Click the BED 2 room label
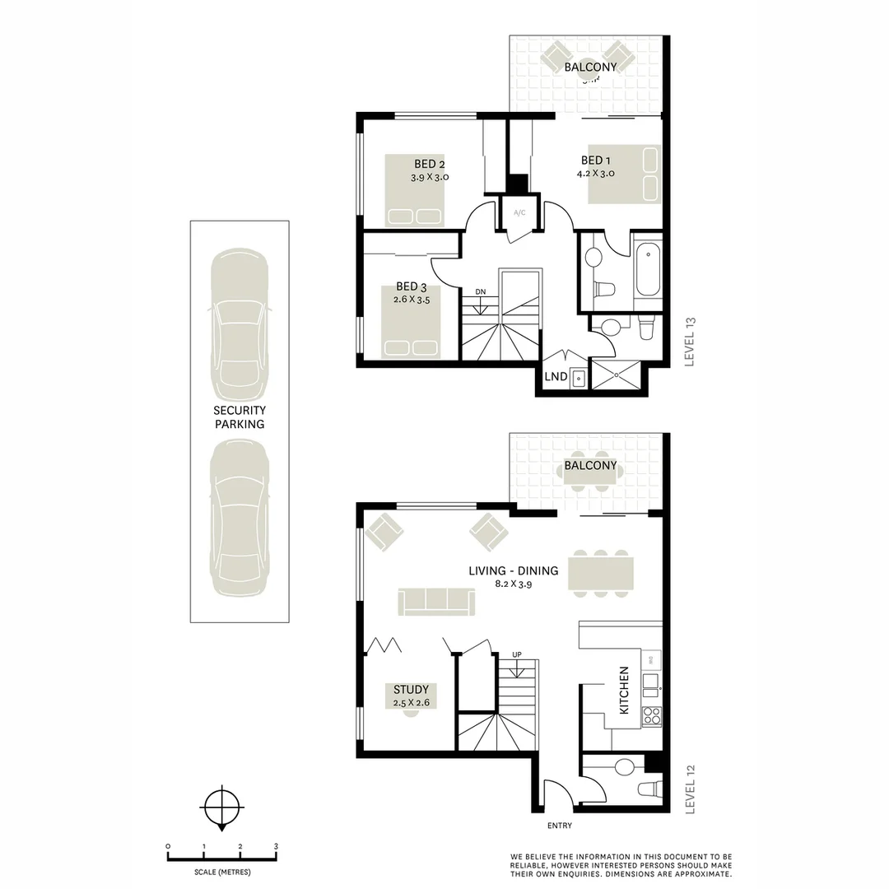click(x=430, y=163)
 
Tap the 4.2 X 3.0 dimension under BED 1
click(x=595, y=174)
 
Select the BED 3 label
click(x=412, y=286)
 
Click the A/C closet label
click(x=519, y=213)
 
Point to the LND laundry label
click(x=555, y=378)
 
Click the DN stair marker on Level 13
click(x=480, y=291)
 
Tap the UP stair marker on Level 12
click(x=518, y=654)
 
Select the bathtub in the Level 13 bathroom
click(x=648, y=268)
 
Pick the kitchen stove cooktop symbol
click(x=652, y=715)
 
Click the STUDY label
click(x=410, y=690)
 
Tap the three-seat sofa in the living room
click(x=436, y=601)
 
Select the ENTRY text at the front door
click(x=558, y=826)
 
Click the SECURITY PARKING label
click(x=240, y=417)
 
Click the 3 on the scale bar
click(x=276, y=846)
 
